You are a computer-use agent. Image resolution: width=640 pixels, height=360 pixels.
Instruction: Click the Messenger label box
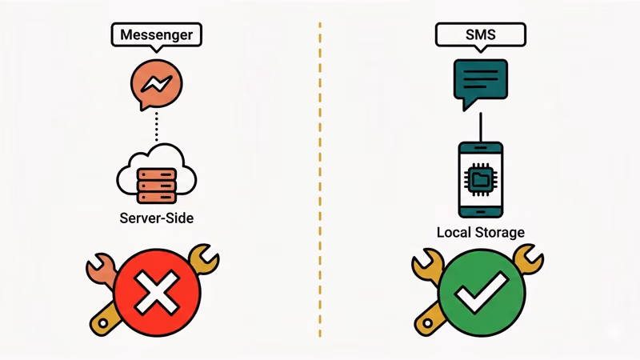pyautogui.click(x=156, y=34)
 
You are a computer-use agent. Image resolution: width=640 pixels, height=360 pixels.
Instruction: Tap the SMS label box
pyautogui.click(x=480, y=34)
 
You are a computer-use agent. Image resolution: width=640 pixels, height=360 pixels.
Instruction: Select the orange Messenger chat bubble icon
pyautogui.click(x=156, y=84)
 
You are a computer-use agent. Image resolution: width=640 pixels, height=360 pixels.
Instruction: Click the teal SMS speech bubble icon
pyautogui.click(x=480, y=82)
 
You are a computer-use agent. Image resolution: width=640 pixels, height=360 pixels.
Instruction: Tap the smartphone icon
pyautogui.click(x=480, y=180)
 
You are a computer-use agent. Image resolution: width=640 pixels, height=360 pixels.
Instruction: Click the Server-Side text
pyautogui.click(x=156, y=218)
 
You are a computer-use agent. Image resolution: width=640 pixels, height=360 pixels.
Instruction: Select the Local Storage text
pyautogui.click(x=480, y=233)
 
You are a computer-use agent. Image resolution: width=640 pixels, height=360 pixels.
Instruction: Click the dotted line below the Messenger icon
pyautogui.click(x=156, y=126)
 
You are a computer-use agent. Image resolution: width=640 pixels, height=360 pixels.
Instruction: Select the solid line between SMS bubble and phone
pyautogui.click(x=480, y=126)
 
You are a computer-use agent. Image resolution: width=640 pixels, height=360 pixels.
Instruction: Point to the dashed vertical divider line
pyautogui.click(x=319, y=180)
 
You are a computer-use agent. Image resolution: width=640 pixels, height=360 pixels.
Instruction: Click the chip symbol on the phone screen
pyautogui.click(x=480, y=179)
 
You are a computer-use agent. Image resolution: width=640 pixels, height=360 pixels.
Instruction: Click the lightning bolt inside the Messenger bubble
pyautogui.click(x=157, y=83)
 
